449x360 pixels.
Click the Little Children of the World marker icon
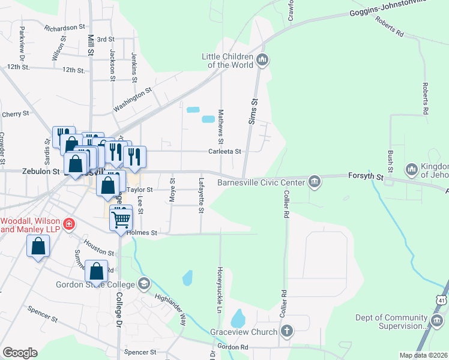click(262, 60)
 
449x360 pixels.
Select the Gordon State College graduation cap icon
click(143, 283)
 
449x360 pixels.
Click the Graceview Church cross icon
click(288, 331)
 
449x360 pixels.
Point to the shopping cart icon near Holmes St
click(121, 220)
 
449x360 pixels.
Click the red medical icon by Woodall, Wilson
click(70, 224)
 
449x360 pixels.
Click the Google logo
click(20, 353)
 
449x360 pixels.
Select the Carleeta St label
click(224, 152)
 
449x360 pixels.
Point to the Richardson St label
click(65, 28)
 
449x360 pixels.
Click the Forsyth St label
click(366, 176)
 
